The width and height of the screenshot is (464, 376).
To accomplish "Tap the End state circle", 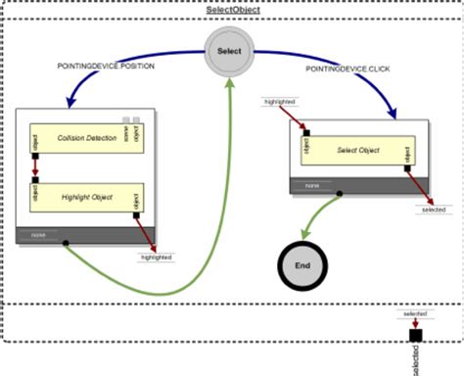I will (302, 264).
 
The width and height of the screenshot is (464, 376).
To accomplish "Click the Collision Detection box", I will (87, 137).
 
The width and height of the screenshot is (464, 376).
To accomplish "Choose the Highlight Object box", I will (87, 197).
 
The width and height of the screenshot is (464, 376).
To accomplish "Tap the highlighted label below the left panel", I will (156, 257).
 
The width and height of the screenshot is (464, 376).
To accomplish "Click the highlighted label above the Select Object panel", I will (280, 101).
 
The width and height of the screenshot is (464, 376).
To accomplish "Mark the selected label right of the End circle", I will (432, 210).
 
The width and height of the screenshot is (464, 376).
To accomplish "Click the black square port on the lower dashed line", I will (415, 335).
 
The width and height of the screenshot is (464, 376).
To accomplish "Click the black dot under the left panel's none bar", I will (66, 242).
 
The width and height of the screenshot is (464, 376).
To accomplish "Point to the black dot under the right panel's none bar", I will (340, 193).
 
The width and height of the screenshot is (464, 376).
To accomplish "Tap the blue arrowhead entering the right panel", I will (393, 114).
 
